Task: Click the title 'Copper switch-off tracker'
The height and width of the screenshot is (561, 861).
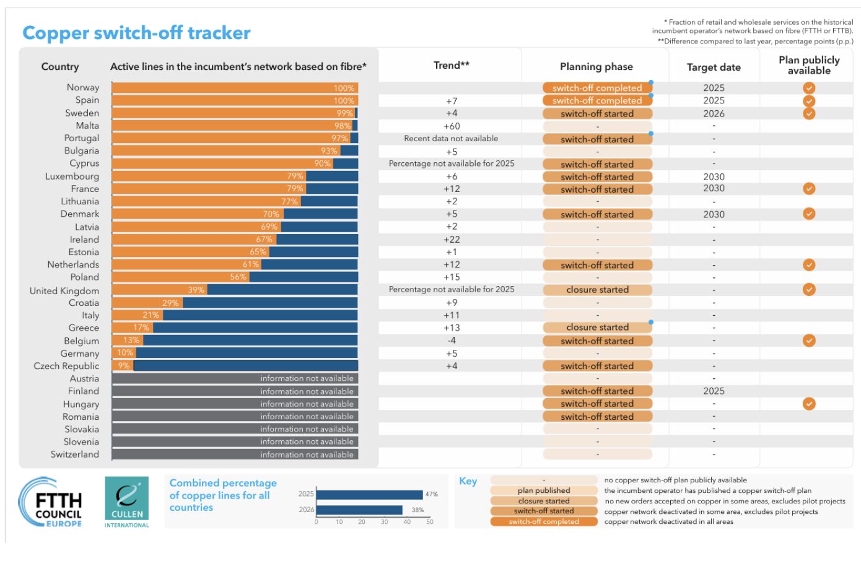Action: click(136, 33)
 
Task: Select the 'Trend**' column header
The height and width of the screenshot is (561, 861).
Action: click(452, 65)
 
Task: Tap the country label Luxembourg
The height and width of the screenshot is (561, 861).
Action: click(72, 176)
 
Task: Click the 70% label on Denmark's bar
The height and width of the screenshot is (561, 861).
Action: click(271, 214)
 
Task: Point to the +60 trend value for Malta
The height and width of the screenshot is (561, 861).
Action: click(452, 126)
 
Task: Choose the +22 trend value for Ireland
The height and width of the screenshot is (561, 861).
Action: click(452, 240)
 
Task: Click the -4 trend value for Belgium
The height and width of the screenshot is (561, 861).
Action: click(452, 341)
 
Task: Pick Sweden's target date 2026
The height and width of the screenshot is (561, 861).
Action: click(714, 114)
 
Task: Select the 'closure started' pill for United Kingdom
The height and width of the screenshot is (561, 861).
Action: click(597, 290)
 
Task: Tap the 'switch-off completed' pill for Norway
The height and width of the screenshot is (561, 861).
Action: click(597, 88)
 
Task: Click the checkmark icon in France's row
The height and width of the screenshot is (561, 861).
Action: click(809, 189)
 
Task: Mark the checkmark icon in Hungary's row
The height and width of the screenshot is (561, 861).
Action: click(809, 404)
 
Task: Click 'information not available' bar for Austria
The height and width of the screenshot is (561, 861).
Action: click(307, 378)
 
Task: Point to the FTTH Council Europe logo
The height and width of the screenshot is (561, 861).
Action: click(51, 503)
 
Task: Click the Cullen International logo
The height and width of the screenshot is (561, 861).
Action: click(127, 502)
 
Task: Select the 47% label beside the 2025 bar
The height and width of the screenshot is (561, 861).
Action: click(432, 494)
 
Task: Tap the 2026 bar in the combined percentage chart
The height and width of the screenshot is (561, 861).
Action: click(359, 510)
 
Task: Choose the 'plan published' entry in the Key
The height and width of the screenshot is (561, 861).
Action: click(544, 490)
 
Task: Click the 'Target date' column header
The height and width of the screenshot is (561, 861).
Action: click(714, 67)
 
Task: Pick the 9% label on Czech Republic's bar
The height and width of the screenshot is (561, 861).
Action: click(124, 366)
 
